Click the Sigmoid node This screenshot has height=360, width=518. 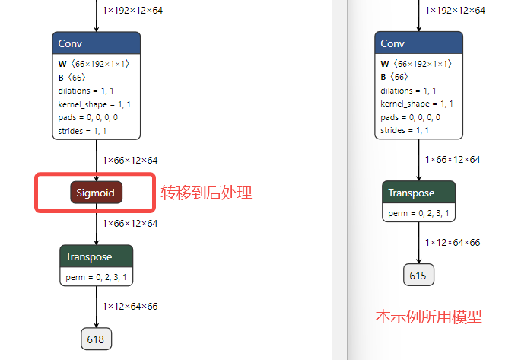coord(96,193)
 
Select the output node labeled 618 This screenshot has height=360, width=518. coord(96,339)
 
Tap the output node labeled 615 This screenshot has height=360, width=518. coord(418,275)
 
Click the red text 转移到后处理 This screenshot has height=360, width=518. coord(206,193)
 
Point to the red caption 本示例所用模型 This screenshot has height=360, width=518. coord(428,317)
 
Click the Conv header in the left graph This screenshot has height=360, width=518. coord(96,43)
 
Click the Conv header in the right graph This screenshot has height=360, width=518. coord(418,43)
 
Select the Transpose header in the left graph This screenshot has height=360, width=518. coord(96,256)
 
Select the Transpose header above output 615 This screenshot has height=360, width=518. coord(418,192)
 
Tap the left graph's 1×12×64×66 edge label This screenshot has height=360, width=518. coord(130,307)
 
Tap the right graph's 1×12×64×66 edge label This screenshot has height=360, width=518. coord(453,243)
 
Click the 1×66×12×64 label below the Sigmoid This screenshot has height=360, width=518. coord(130,224)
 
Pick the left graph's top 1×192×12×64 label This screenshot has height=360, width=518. coord(132,11)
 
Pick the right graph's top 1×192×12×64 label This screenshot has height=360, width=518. coord(455,11)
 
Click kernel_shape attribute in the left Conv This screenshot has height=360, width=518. coord(94,104)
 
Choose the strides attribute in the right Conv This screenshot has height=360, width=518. coord(405,130)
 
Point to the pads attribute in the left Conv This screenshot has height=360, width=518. coord(88,117)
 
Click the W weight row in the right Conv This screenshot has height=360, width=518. coord(416,63)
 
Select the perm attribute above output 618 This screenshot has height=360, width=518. coord(96,277)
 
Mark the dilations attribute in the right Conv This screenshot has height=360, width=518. coord(408,91)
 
